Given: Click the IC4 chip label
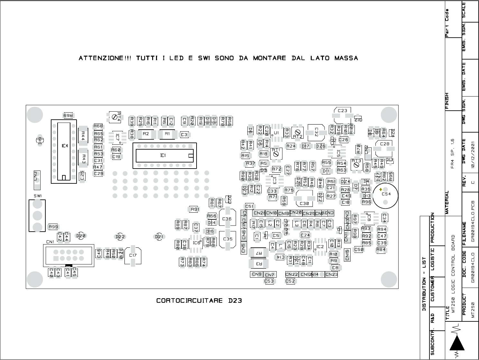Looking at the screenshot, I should [65, 146].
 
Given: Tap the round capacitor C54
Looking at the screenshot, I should [386, 194].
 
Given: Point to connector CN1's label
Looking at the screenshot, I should [50, 242].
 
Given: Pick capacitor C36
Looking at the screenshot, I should [227, 219].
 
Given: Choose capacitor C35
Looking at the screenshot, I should [227, 239].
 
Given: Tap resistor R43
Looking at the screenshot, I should [83, 158].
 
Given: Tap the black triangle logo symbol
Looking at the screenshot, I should [457, 344].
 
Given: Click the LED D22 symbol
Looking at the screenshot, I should [120, 237].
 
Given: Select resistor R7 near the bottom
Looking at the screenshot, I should [258, 254].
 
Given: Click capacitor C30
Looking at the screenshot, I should [304, 203].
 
